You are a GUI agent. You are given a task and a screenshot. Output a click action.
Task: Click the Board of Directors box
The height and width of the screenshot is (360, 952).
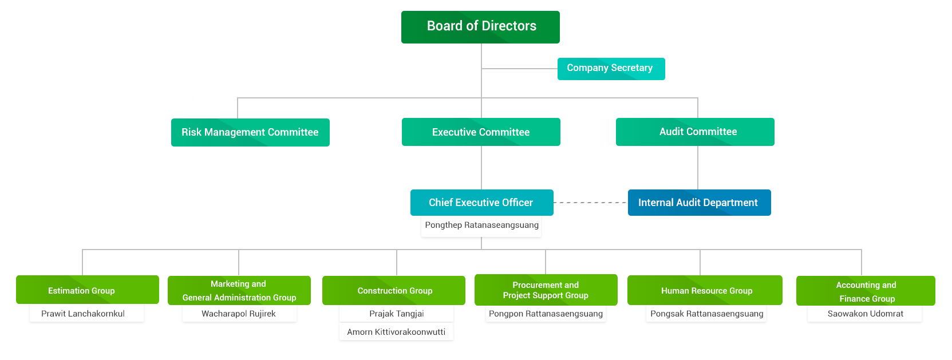coord(480,27)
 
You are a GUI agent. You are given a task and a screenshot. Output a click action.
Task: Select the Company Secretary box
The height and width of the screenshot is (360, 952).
coord(610,68)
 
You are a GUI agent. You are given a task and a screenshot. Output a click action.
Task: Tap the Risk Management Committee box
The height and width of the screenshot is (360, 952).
coord(250,132)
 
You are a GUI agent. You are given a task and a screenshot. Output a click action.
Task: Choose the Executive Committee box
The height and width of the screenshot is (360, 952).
coord(481,132)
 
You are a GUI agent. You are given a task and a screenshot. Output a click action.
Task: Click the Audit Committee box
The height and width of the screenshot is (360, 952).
coord(697,132)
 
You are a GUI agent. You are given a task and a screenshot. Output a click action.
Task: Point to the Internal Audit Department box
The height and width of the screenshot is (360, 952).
coord(698,203)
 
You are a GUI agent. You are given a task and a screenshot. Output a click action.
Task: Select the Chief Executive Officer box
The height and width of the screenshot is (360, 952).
coord(481,203)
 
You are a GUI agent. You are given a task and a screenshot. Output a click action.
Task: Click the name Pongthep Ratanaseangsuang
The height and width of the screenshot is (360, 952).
coord(481,226)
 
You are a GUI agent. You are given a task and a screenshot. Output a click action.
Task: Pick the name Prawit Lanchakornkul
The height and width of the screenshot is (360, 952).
coord(84,314)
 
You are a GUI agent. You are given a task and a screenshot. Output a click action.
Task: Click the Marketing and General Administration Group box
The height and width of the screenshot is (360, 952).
coord(239,290)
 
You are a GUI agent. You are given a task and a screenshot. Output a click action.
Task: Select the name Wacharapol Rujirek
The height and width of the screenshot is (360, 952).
coord(239,314)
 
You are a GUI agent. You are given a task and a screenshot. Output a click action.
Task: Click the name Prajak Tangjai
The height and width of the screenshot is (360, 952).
coord(397,314)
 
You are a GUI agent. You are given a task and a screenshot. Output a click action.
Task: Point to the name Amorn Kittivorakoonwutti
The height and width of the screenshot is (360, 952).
coord(396,332)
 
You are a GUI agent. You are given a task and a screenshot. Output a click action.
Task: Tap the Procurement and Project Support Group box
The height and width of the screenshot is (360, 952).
coord(545,290)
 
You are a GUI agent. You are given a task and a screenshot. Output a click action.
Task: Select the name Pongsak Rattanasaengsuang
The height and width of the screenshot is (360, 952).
coord(706,314)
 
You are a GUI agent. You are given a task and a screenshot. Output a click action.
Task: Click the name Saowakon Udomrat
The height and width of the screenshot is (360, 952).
coord(865,314)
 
